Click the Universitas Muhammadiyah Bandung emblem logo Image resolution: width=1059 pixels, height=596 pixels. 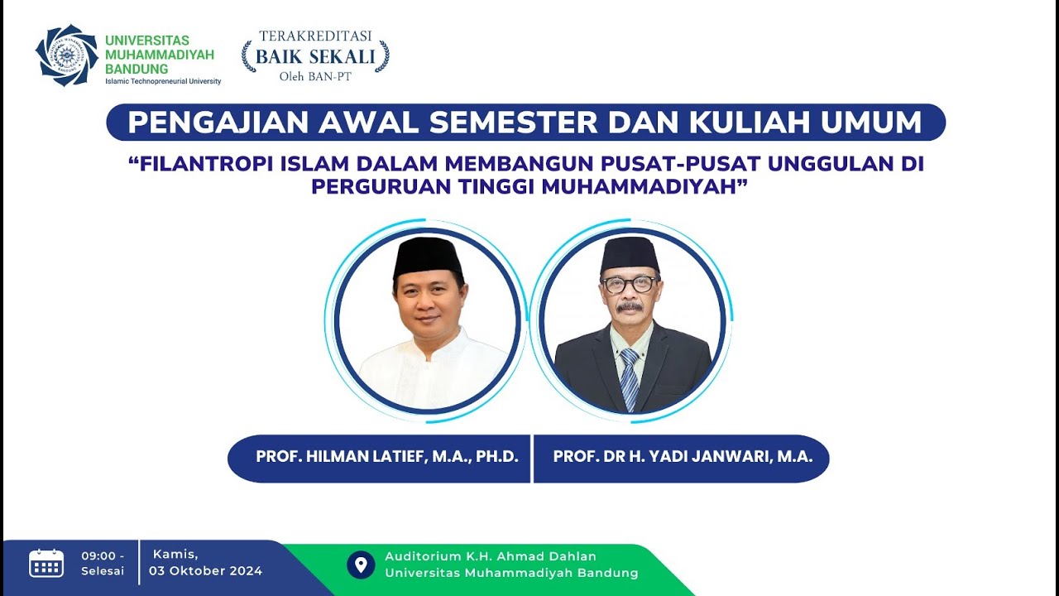tap(66, 55)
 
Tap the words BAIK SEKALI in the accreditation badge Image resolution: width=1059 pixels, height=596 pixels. tap(315, 57)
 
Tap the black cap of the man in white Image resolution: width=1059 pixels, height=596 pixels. tap(427, 256)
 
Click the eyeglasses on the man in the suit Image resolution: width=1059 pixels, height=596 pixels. tap(630, 285)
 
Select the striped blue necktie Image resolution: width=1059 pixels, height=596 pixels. tap(630, 377)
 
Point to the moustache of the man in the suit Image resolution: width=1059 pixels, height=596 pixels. tap(630, 306)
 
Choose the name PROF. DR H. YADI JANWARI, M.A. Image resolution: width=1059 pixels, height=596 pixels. tap(683, 456)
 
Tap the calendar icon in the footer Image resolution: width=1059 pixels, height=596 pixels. tap(46, 563)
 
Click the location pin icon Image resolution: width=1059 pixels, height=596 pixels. tap(360, 565)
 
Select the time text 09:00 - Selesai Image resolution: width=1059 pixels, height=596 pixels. tap(103, 563)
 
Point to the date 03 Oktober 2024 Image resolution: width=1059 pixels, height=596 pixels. tap(205, 571)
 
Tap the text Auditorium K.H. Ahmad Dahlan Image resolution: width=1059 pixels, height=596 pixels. tap(490, 556)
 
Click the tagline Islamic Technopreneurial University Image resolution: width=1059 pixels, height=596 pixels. tap(163, 81)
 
